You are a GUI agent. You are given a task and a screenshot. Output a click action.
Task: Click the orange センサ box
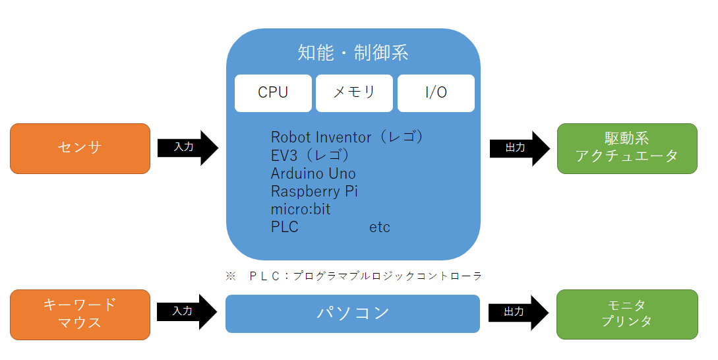tap(80, 148)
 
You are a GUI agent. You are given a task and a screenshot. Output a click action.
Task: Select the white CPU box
tap(273, 93)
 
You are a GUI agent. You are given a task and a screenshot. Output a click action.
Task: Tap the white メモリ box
tap(354, 93)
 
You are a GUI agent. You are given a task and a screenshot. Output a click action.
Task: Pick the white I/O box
tap(436, 93)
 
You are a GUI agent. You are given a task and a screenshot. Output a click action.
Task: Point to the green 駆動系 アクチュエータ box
tap(627, 148)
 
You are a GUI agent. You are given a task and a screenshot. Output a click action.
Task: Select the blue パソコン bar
tap(353, 313)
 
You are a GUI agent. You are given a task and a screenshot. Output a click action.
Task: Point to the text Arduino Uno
tap(313, 174)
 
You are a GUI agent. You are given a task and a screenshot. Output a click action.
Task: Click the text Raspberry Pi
tap(314, 192)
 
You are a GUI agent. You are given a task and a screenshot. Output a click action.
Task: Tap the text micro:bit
tap(301, 210)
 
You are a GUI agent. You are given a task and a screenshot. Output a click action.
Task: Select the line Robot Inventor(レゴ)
tap(347, 137)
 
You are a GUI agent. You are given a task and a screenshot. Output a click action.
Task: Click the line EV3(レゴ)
tap(310, 156)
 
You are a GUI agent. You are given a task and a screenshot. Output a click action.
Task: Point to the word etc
tap(380, 227)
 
